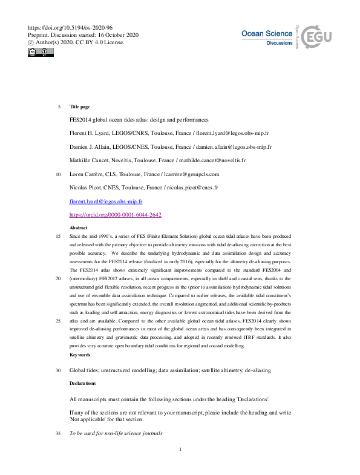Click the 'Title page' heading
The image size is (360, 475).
click(80, 106)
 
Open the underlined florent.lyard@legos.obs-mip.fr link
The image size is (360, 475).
click(106, 201)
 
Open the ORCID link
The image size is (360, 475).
click(115, 214)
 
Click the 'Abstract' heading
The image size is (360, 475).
click(79, 228)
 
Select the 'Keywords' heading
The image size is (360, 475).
click(80, 354)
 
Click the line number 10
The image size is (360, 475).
click(58, 174)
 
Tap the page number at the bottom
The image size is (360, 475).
click(180, 449)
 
